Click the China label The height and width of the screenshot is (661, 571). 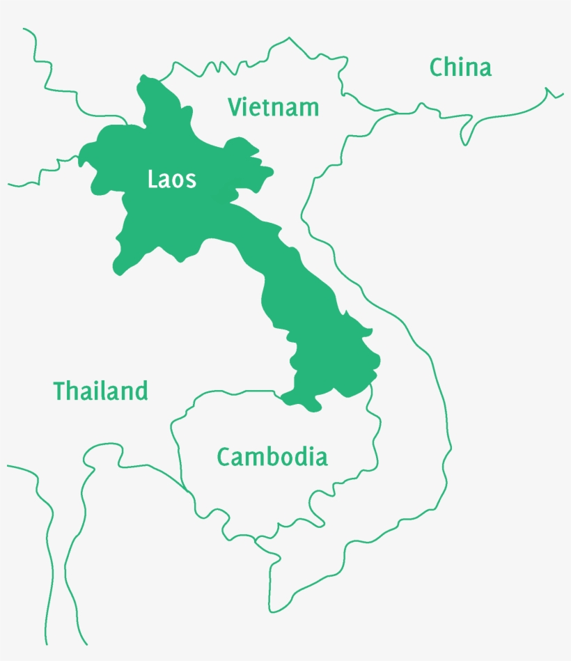tap(460, 68)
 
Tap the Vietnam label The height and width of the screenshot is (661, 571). tap(274, 107)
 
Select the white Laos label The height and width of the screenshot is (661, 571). tap(171, 180)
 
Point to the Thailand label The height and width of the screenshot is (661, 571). tap(101, 391)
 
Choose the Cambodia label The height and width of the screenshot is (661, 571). tap(272, 457)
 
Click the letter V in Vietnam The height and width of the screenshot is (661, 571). tap(235, 107)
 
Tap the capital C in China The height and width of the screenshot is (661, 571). tap(437, 68)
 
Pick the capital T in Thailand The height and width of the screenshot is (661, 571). tap(60, 391)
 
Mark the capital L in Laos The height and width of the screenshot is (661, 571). tap(152, 180)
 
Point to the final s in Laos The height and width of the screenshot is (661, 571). tap(191, 181)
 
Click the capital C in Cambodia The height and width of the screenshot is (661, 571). tap(224, 457)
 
